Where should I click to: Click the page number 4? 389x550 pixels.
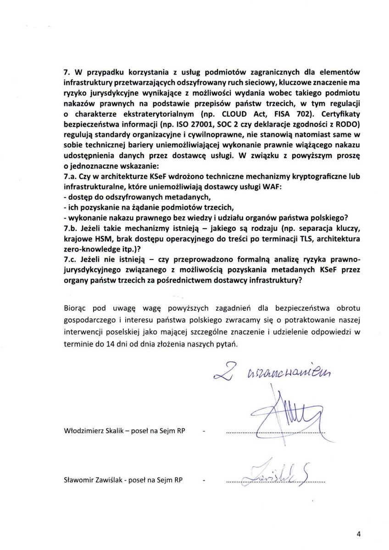[x=359, y=533]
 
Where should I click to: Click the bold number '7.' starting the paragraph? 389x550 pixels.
[x=67, y=72]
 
